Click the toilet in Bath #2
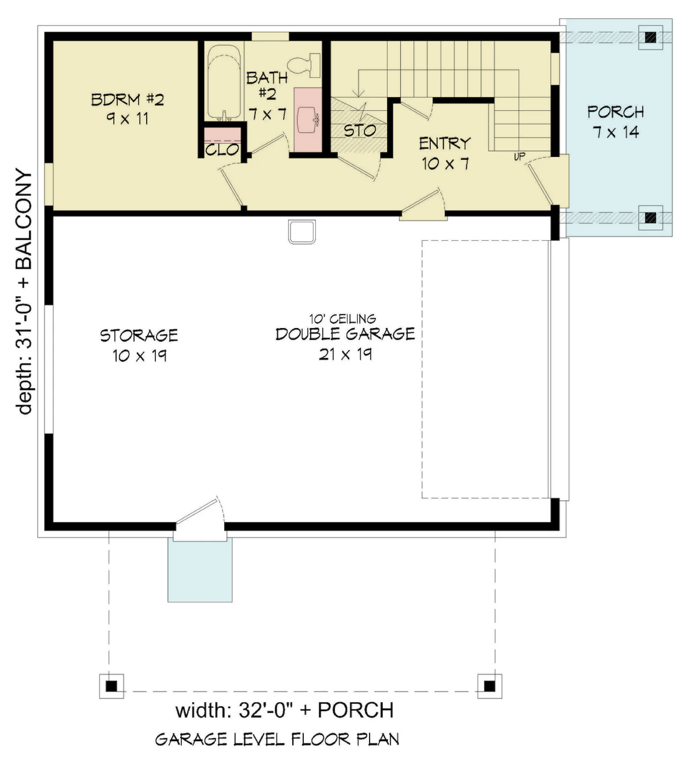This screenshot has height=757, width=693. point(304,65)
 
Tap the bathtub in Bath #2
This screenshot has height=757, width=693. point(224,82)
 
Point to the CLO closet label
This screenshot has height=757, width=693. point(222,149)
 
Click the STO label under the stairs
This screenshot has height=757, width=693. point(360,131)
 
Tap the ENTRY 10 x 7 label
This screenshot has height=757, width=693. point(445,153)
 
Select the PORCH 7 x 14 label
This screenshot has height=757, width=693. point(616,122)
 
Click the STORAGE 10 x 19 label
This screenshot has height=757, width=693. point(139,345)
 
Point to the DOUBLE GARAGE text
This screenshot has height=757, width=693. point(345,334)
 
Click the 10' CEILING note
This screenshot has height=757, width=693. point(342,319)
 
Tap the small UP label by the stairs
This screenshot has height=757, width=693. point(519,157)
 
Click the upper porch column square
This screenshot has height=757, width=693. point(650,38)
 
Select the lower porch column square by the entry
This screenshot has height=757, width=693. point(650,217)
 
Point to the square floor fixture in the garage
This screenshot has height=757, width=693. point(302,232)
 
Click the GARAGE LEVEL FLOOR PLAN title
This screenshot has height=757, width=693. point(277,739)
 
